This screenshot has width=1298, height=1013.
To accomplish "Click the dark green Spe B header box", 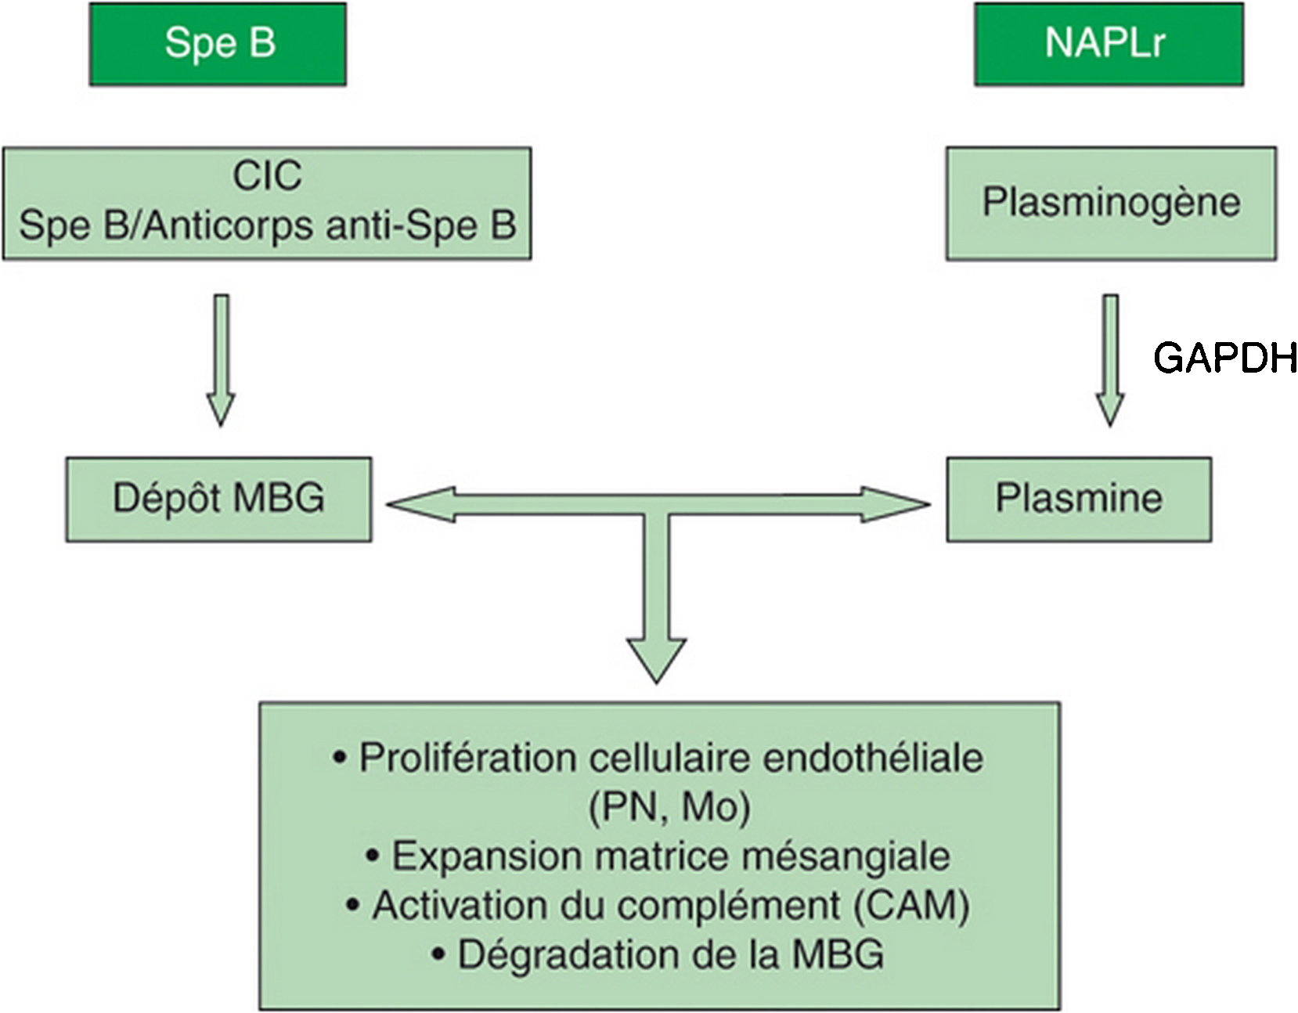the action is pos(218,44).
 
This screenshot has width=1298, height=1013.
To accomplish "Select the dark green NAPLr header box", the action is pos(1109,44).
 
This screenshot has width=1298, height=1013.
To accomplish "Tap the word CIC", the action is pos(267,176).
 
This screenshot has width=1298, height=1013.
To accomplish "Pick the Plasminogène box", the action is pos(1111,204).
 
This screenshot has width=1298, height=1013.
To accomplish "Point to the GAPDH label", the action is pos(1224,359).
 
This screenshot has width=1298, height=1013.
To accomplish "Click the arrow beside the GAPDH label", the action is pos(1110,361).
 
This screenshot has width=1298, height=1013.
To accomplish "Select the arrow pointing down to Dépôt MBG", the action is pos(221,361).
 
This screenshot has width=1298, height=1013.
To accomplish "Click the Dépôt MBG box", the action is pos(218,500).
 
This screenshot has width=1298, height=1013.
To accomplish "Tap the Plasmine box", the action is pos(1080,500).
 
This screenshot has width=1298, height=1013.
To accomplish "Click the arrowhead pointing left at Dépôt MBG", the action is pos(420,505).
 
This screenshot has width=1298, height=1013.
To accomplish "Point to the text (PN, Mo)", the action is pos(669,808).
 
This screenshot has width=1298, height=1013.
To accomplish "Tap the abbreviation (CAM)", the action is pos(911,906).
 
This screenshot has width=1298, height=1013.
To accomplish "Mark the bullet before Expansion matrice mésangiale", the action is pos(373,856).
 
